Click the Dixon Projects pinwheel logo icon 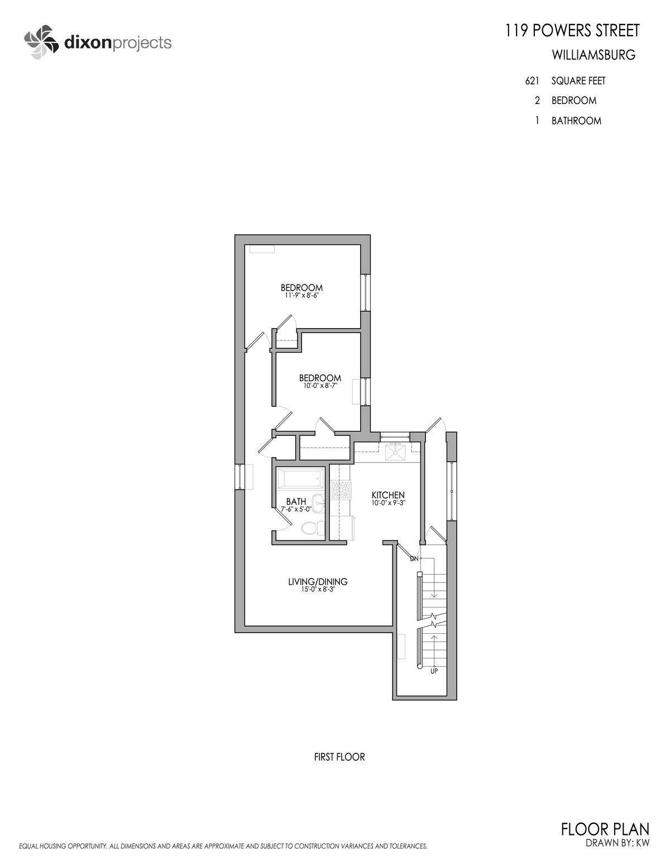41,42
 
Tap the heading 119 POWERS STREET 572,31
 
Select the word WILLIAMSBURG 594,55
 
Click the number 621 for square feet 532,81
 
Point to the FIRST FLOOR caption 339,757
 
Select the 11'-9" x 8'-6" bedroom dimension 301,296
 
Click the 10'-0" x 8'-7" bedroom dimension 320,386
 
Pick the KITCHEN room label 388,495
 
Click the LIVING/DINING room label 318,581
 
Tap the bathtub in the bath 301,478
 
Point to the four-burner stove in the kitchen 341,490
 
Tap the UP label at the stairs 434,671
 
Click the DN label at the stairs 414,558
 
